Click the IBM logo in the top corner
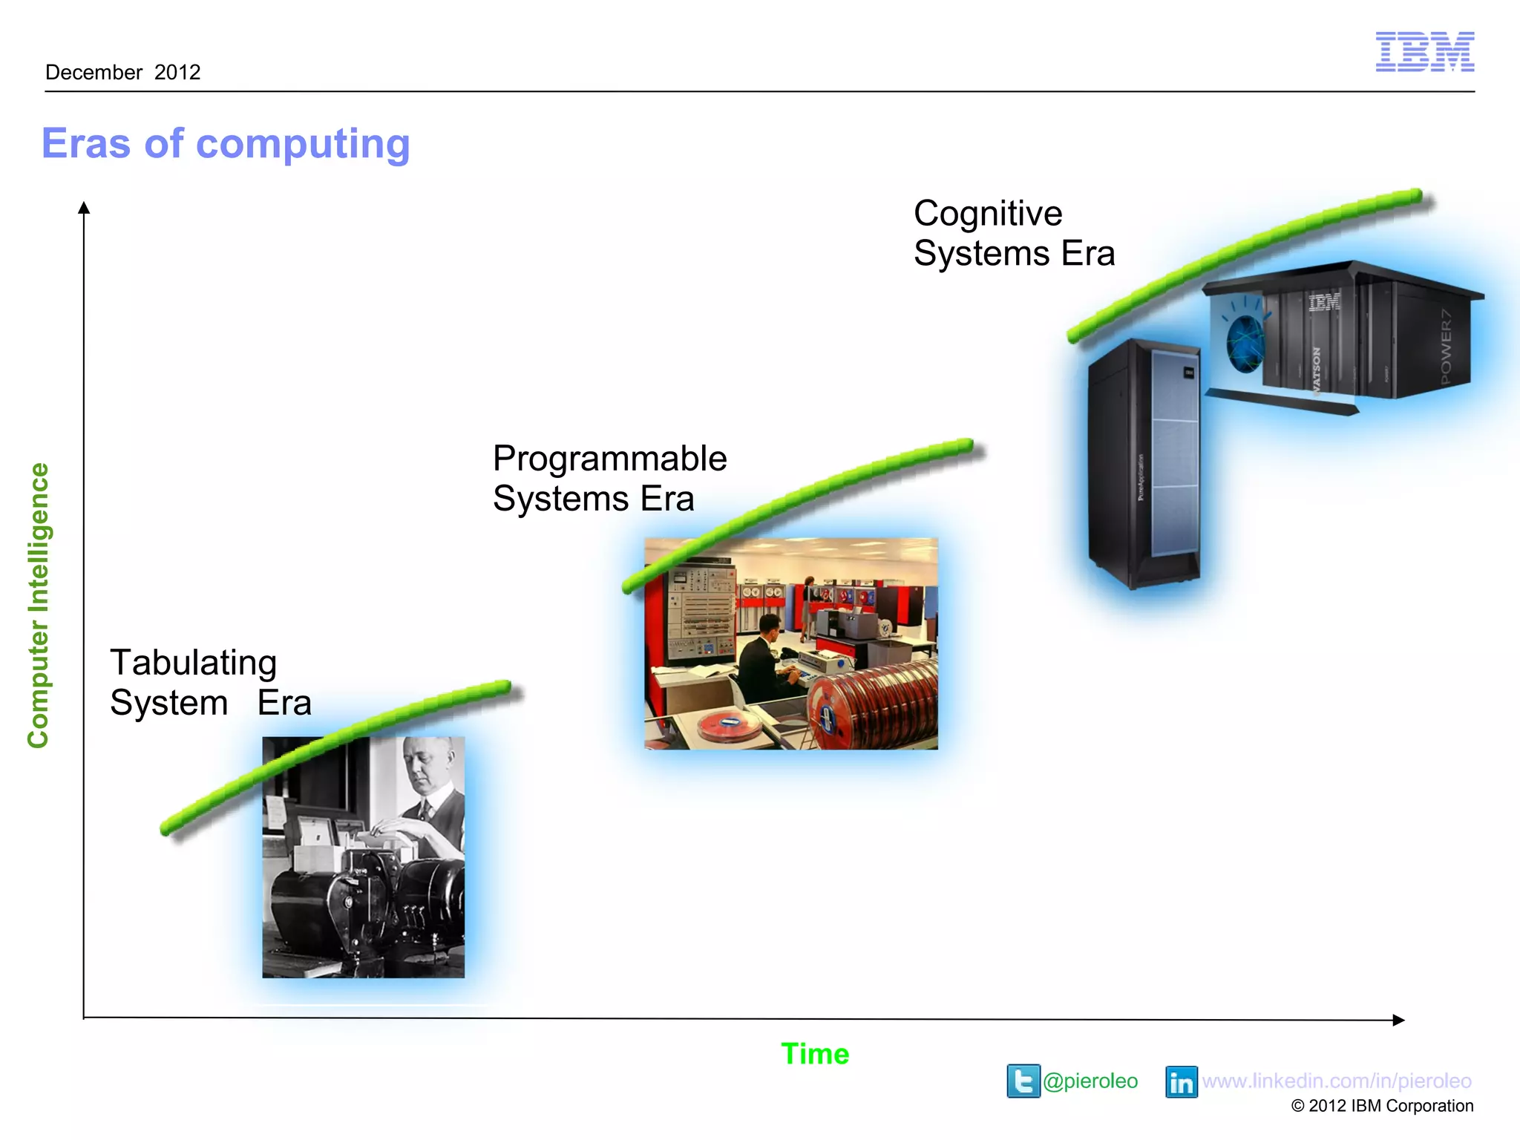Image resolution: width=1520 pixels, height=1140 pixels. (x=1424, y=52)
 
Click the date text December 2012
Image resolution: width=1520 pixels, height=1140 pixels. (x=123, y=73)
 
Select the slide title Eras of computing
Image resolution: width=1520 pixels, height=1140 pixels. (x=226, y=143)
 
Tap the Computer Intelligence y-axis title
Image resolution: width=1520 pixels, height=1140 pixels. (x=39, y=605)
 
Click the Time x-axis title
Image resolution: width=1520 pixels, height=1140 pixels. (x=814, y=1054)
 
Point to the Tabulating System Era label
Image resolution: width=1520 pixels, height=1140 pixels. (x=210, y=682)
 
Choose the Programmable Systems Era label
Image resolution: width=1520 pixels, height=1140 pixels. (x=609, y=478)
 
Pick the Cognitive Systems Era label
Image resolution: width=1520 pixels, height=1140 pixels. (x=1013, y=233)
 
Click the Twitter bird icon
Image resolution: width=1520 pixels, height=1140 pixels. (x=1023, y=1081)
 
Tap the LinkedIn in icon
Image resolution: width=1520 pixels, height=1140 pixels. (x=1181, y=1082)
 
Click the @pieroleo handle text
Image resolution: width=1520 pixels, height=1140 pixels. (x=1090, y=1081)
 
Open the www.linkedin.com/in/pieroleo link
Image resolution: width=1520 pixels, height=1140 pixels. (x=1336, y=1081)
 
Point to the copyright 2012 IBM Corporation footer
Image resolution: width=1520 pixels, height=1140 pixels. (x=1382, y=1106)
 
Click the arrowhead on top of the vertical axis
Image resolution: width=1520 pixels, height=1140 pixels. (x=84, y=208)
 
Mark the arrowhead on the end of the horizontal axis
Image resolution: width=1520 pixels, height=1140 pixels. (x=1398, y=1020)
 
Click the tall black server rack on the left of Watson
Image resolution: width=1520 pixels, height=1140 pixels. (x=1143, y=464)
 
